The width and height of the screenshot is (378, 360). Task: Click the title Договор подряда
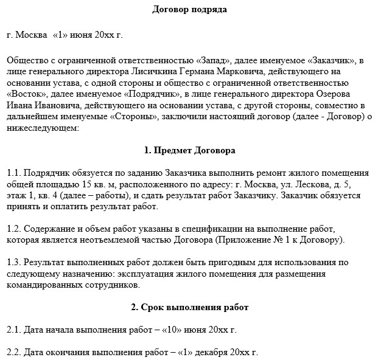pyautogui.click(x=189, y=10)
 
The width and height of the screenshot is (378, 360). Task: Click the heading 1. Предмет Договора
pyautogui.click(x=189, y=150)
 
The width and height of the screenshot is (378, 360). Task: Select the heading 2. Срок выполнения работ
pyautogui.click(x=189, y=307)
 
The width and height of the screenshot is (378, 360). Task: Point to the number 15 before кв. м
pyautogui.click(x=86, y=184)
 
